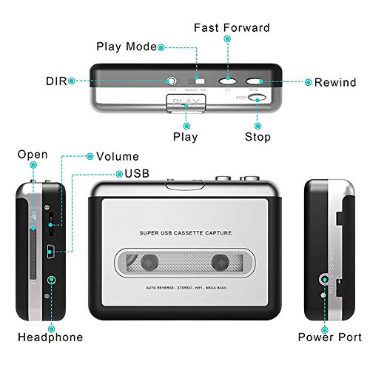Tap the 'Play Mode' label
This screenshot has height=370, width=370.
[127, 47]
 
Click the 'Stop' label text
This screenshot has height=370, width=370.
[258, 137]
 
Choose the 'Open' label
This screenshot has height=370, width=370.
[33, 155]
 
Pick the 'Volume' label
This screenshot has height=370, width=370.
[118, 157]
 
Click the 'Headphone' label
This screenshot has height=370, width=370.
[50, 337]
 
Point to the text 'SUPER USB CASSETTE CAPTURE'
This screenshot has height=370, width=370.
[185, 233]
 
